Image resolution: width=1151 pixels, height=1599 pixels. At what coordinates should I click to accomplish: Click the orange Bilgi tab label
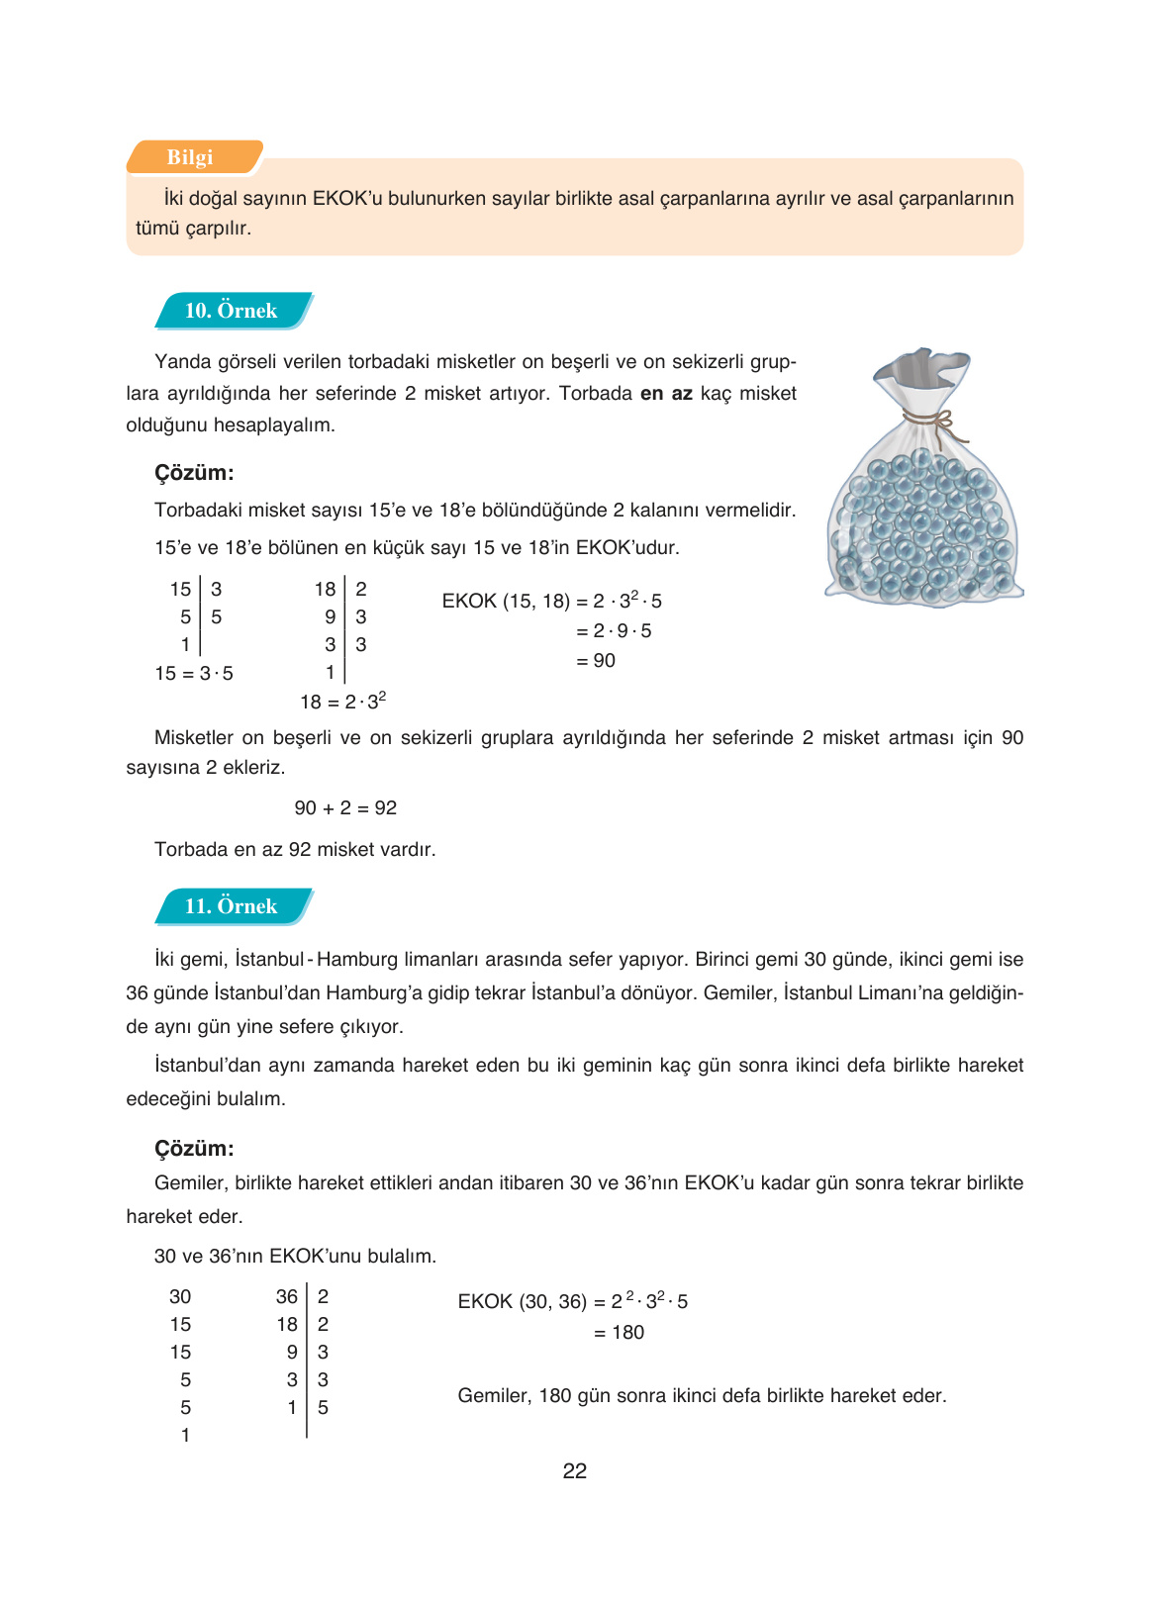click(191, 157)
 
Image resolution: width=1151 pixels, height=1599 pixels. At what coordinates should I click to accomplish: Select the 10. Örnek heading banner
click(232, 311)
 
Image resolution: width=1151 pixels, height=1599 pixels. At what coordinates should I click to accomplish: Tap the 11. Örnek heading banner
click(232, 906)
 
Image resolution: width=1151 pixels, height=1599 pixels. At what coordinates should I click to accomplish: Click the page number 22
click(574, 1471)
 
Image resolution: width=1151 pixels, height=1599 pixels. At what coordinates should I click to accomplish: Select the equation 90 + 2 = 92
click(345, 808)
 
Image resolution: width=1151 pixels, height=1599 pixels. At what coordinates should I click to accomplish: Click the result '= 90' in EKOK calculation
click(596, 661)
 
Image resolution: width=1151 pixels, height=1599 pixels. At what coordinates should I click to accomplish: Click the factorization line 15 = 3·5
click(194, 674)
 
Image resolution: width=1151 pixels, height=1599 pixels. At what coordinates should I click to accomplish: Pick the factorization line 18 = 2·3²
click(342, 702)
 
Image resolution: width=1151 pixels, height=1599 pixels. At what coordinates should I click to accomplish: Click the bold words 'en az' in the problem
click(666, 394)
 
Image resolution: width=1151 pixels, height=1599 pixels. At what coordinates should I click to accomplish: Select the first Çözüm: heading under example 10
click(194, 473)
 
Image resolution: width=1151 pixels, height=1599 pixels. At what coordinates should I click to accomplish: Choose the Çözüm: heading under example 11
click(194, 1149)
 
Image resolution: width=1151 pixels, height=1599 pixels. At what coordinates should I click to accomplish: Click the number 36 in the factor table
click(287, 1297)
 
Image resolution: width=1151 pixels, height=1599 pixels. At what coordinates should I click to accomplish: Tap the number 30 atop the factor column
click(180, 1297)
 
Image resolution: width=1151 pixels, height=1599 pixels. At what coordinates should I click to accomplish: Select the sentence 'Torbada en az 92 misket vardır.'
click(295, 850)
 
